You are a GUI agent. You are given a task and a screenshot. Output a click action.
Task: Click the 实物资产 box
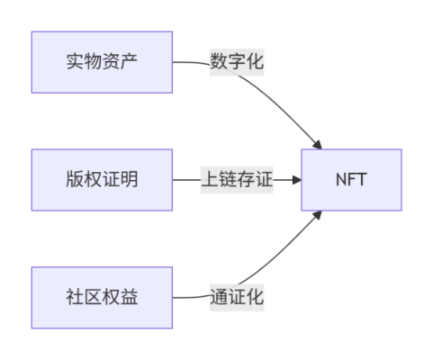(x=102, y=62)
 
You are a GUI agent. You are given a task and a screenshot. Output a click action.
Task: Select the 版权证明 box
(x=102, y=180)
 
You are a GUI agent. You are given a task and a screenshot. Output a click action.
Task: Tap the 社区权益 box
(x=102, y=298)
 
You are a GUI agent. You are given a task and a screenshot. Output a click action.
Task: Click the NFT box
(x=351, y=180)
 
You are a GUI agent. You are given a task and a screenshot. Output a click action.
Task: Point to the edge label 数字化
(x=237, y=62)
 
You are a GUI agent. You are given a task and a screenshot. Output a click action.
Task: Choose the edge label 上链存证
(x=237, y=179)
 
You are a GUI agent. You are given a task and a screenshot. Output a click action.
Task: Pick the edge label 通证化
(x=237, y=297)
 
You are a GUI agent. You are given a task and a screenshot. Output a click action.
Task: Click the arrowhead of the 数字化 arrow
(x=318, y=145)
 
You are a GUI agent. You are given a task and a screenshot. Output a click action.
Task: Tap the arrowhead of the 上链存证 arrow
(x=296, y=180)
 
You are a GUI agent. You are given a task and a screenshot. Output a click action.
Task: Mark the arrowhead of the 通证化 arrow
(x=318, y=215)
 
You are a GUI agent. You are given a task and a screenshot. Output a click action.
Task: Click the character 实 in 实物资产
(x=75, y=61)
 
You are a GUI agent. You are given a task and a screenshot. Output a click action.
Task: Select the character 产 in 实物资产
(x=129, y=61)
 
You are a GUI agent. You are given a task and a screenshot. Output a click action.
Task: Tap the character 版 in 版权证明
(x=75, y=179)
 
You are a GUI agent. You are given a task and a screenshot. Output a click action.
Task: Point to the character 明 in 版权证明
(x=129, y=179)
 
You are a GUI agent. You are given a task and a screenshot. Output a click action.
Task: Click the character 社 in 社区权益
(x=75, y=297)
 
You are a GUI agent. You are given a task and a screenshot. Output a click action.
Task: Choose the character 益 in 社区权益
(x=129, y=297)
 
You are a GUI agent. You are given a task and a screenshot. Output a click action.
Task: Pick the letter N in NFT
(x=342, y=180)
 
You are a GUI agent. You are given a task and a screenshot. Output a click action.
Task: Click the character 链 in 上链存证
(x=228, y=179)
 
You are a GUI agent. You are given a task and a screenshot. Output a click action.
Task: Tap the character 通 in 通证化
(x=219, y=297)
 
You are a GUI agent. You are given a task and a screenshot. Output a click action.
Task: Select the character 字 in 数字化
(x=237, y=61)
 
